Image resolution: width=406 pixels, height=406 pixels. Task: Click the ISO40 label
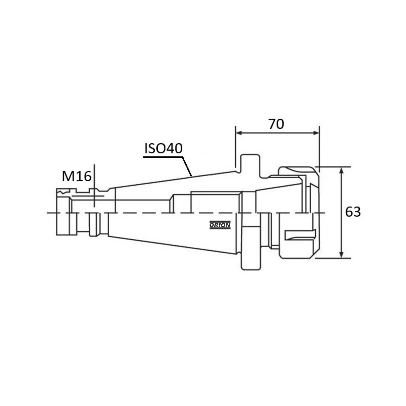pos(163,148)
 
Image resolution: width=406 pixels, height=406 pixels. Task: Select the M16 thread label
pos(77,177)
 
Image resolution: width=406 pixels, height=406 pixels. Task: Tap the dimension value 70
pos(276,124)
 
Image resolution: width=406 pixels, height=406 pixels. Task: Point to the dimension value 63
pos(353,212)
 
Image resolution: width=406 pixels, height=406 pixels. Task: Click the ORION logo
pos(220,225)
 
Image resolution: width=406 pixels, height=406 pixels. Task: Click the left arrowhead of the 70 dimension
pos(239,133)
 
